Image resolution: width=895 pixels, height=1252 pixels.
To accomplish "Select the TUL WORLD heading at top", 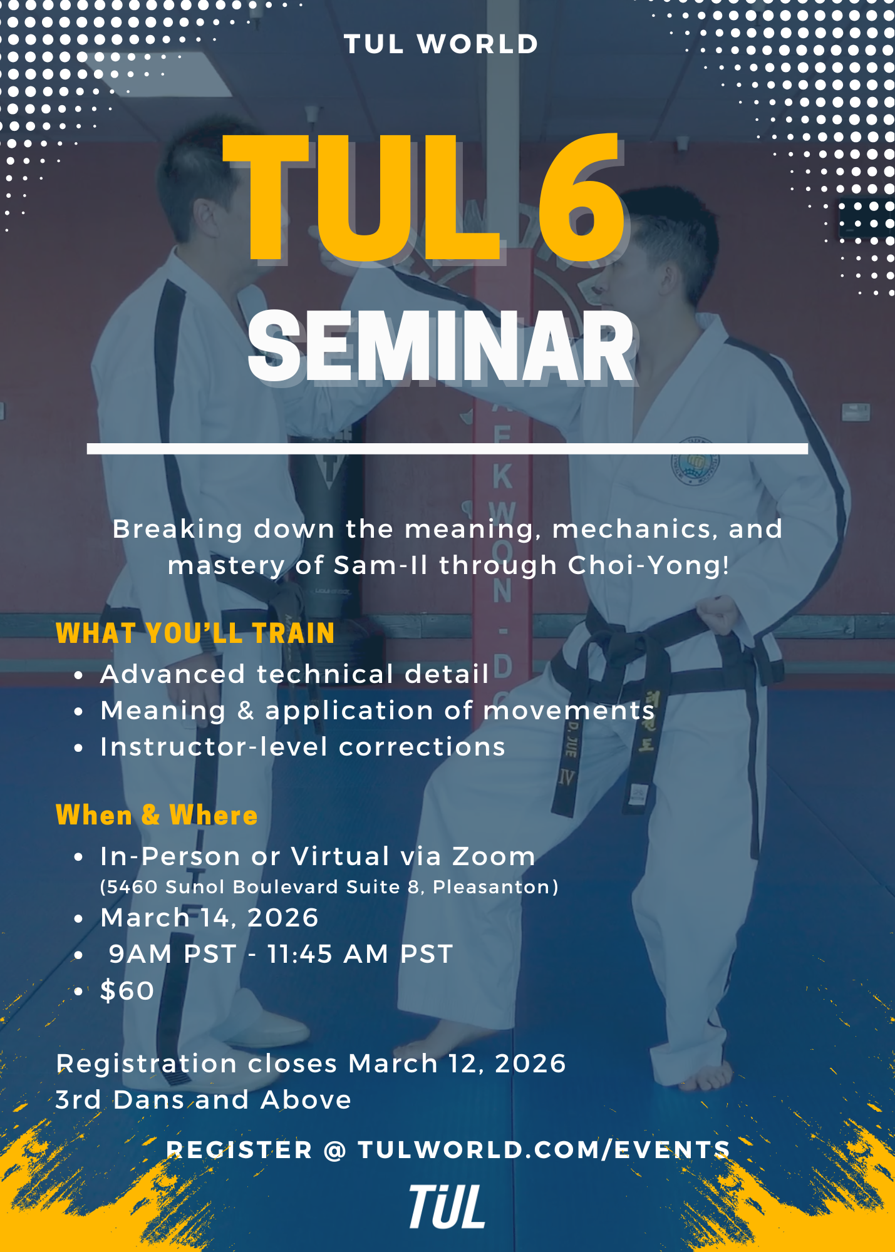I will [x=441, y=44].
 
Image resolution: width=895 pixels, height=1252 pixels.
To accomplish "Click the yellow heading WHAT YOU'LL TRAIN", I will [x=195, y=634].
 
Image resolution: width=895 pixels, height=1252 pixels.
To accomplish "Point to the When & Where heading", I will [x=157, y=815].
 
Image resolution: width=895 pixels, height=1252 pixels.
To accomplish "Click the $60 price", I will [x=127, y=991].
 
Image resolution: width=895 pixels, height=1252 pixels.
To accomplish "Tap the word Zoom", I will [x=494, y=856].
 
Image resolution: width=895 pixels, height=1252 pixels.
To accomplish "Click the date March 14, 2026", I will [x=210, y=918].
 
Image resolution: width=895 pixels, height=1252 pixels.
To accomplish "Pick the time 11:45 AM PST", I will [x=360, y=954].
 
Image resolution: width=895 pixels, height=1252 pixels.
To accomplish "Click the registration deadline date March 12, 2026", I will [x=457, y=1064].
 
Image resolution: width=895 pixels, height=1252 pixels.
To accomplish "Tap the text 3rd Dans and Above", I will [x=204, y=1100].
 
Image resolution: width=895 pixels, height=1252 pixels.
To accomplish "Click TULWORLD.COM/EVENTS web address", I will [x=544, y=1150].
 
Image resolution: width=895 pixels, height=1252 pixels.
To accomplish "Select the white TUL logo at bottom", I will [x=447, y=1206].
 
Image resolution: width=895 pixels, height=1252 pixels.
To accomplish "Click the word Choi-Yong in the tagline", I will [x=649, y=565].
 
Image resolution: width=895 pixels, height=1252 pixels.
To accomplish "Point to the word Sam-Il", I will [x=381, y=565].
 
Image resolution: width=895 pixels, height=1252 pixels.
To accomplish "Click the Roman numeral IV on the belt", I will [x=567, y=778].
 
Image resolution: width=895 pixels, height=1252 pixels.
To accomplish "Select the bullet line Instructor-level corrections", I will [x=303, y=747].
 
